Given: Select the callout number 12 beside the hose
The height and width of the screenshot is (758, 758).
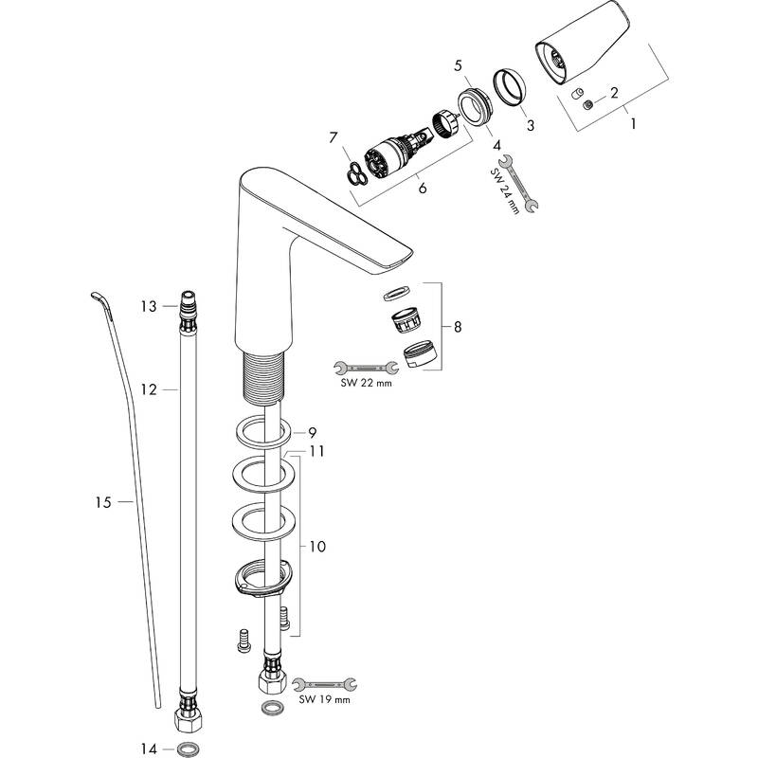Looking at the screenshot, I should pos(147,388).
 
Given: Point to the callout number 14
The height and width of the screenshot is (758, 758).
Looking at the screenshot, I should pos(147,749).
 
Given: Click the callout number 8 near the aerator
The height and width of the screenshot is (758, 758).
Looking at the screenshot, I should pos(458,327).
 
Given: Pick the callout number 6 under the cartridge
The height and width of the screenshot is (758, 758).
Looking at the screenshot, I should pos(422,188).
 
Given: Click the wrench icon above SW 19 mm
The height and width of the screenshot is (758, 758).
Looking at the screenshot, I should pos(323,682).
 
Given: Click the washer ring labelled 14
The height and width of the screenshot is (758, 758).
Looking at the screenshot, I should pos(189,749).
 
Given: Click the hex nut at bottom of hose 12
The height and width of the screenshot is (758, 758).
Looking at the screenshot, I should pos(188,721).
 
